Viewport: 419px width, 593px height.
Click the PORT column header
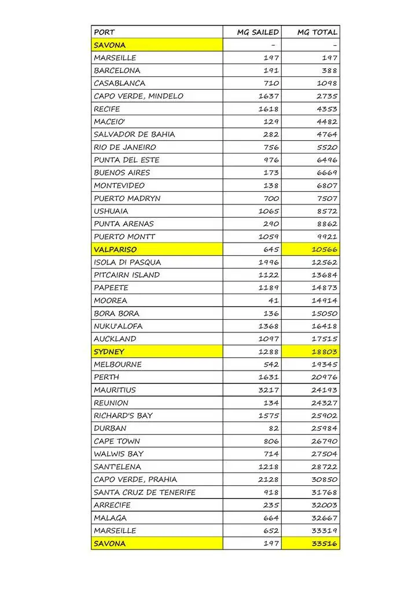point(104,32)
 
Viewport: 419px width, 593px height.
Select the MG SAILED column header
point(258,32)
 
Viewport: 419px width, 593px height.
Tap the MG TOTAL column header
point(317,32)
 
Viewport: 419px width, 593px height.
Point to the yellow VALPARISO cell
point(116,250)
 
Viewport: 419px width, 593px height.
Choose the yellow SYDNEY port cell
point(109,352)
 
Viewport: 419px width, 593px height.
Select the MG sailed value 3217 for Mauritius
point(269,390)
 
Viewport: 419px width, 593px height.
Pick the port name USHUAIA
point(111,211)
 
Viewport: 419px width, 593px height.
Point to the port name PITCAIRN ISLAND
point(127,275)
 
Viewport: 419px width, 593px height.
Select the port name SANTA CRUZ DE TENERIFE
point(145,493)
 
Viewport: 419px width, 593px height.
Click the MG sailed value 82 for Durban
point(273,429)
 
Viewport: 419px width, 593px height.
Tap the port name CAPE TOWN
point(117,441)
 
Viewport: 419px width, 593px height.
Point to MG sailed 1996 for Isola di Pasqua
point(269,262)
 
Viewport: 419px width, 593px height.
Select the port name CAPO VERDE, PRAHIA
point(135,479)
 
